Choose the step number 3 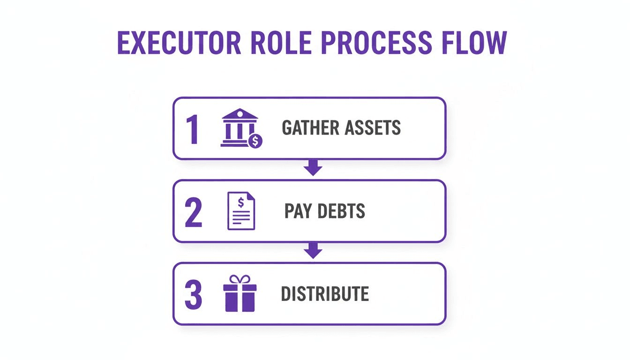[193, 294]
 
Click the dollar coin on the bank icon [255, 140]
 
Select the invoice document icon [241, 211]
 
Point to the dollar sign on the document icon [241, 202]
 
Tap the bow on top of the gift [240, 279]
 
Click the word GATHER [310, 127]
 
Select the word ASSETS [373, 127]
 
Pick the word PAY [298, 211]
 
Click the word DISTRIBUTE [325, 294]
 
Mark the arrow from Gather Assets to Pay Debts [313, 168]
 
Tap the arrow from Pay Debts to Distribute [313, 251]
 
